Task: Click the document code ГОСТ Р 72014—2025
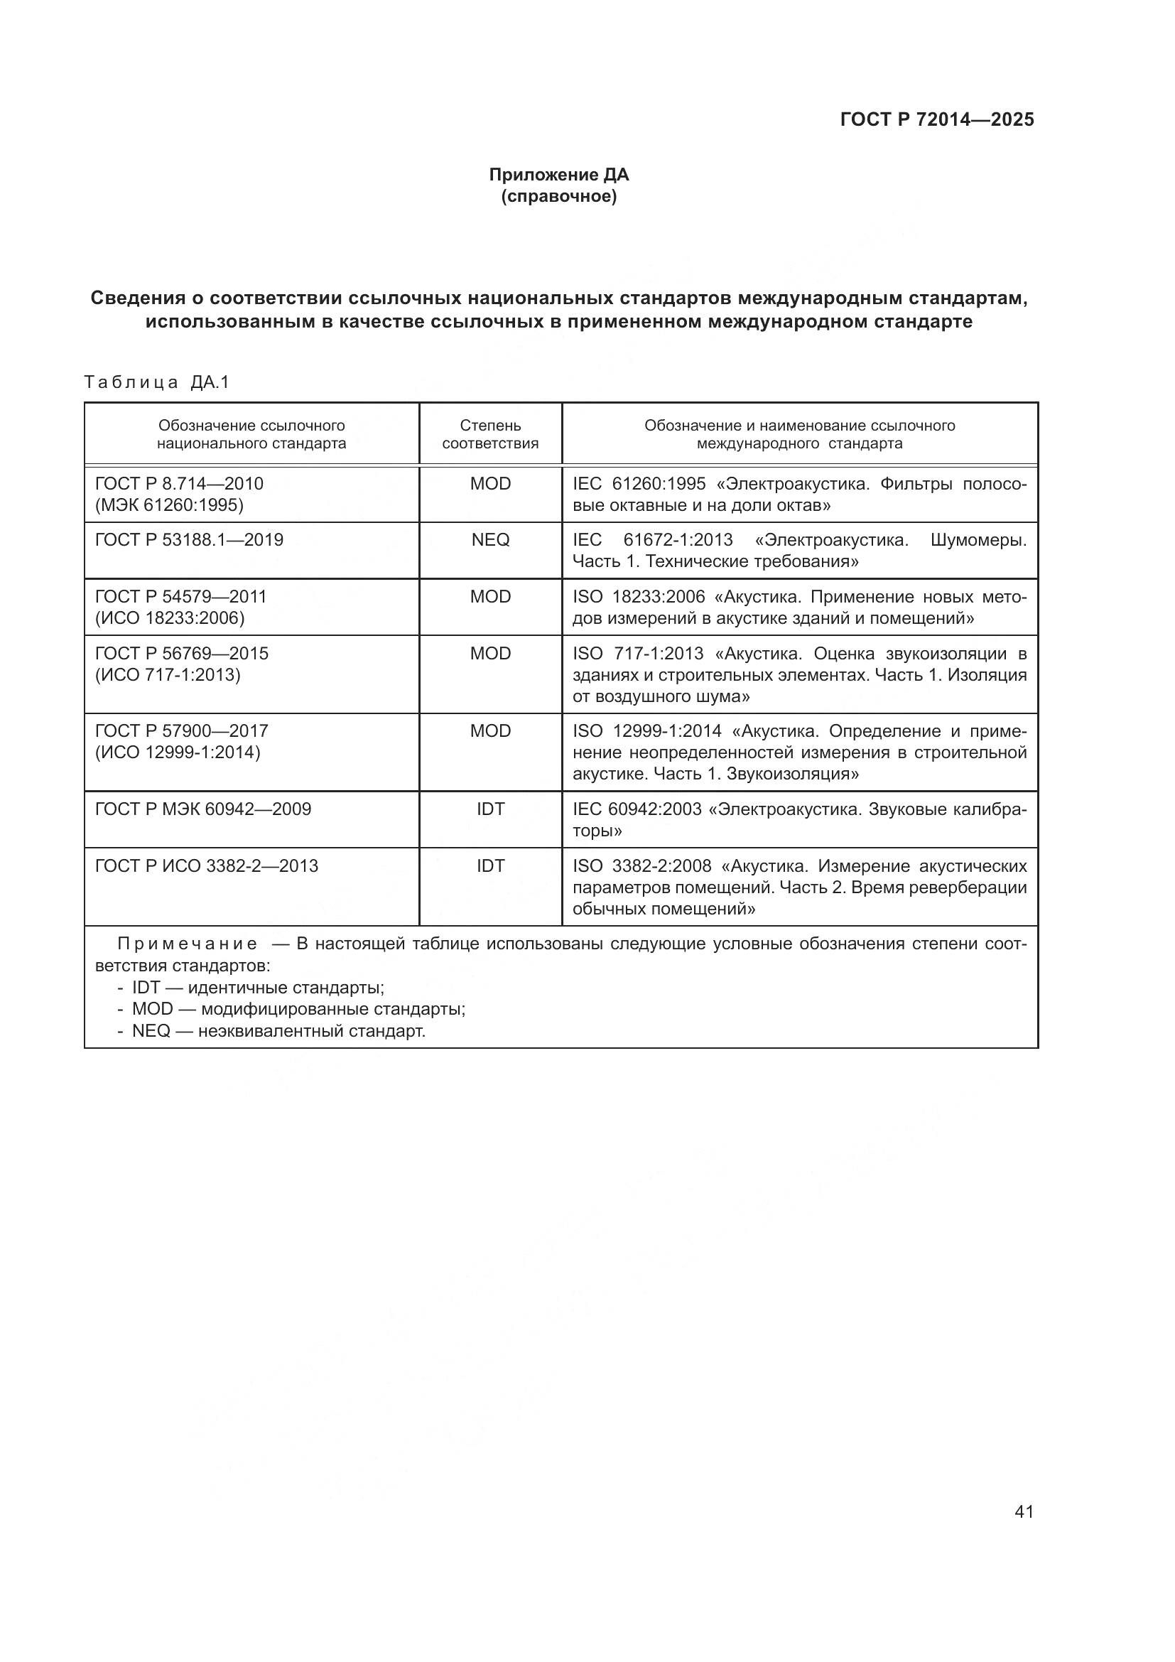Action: pos(936,119)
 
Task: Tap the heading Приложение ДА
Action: pos(558,175)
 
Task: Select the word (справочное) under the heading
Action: pos(558,196)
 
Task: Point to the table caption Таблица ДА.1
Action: pos(156,382)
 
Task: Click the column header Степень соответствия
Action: pos(490,434)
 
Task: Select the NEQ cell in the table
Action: pos(490,540)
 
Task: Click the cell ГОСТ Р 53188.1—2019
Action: pos(189,540)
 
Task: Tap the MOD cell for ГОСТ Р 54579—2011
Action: pos(490,596)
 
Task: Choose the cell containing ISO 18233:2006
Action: pos(798,608)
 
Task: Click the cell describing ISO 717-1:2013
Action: pos(798,674)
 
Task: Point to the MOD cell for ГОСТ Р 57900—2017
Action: pos(490,731)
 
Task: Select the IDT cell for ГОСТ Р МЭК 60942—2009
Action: pos(490,809)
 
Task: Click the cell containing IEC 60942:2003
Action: pos(798,819)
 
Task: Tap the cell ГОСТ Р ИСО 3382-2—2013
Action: pos(206,865)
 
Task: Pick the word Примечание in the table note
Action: pos(187,944)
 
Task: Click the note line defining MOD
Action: pos(298,1009)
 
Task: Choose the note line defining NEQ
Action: pos(278,1031)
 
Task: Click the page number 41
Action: pos(1024,1511)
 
